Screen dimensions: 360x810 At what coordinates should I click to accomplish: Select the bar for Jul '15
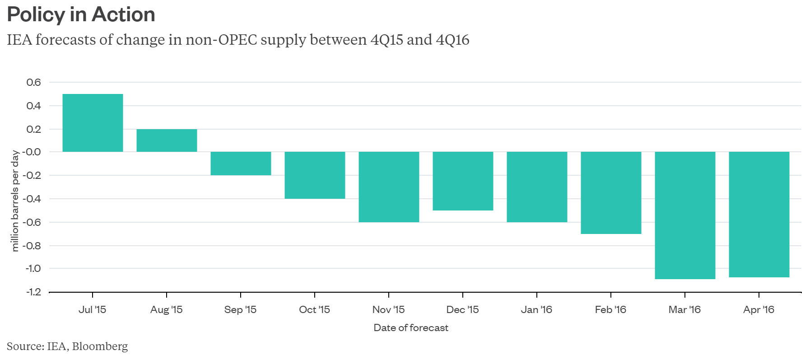click(93, 123)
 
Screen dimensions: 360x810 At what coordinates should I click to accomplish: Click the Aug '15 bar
click(167, 140)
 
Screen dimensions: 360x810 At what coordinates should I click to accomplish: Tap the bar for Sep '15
click(241, 164)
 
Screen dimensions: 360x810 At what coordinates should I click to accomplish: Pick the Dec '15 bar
click(463, 181)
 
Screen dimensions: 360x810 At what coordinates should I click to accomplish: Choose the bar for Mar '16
click(685, 215)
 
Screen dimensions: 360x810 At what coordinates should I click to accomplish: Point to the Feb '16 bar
click(611, 193)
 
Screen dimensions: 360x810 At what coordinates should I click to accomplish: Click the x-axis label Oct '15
click(314, 310)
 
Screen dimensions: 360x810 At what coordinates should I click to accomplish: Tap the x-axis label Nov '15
click(388, 310)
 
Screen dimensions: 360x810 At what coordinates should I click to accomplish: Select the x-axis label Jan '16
click(536, 310)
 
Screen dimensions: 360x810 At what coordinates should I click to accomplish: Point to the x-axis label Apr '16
click(759, 310)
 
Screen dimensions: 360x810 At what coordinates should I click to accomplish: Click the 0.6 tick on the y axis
click(33, 82)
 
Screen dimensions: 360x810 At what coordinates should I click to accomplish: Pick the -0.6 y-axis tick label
click(33, 222)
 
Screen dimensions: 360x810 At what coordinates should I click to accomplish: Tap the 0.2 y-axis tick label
click(33, 129)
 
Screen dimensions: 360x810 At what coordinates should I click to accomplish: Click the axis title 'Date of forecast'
click(411, 328)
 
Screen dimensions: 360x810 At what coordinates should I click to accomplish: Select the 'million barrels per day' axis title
click(15, 201)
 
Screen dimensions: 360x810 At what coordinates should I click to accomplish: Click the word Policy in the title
click(36, 14)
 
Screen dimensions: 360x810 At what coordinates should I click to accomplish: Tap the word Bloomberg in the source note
click(100, 346)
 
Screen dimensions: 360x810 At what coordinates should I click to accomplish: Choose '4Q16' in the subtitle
click(452, 40)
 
